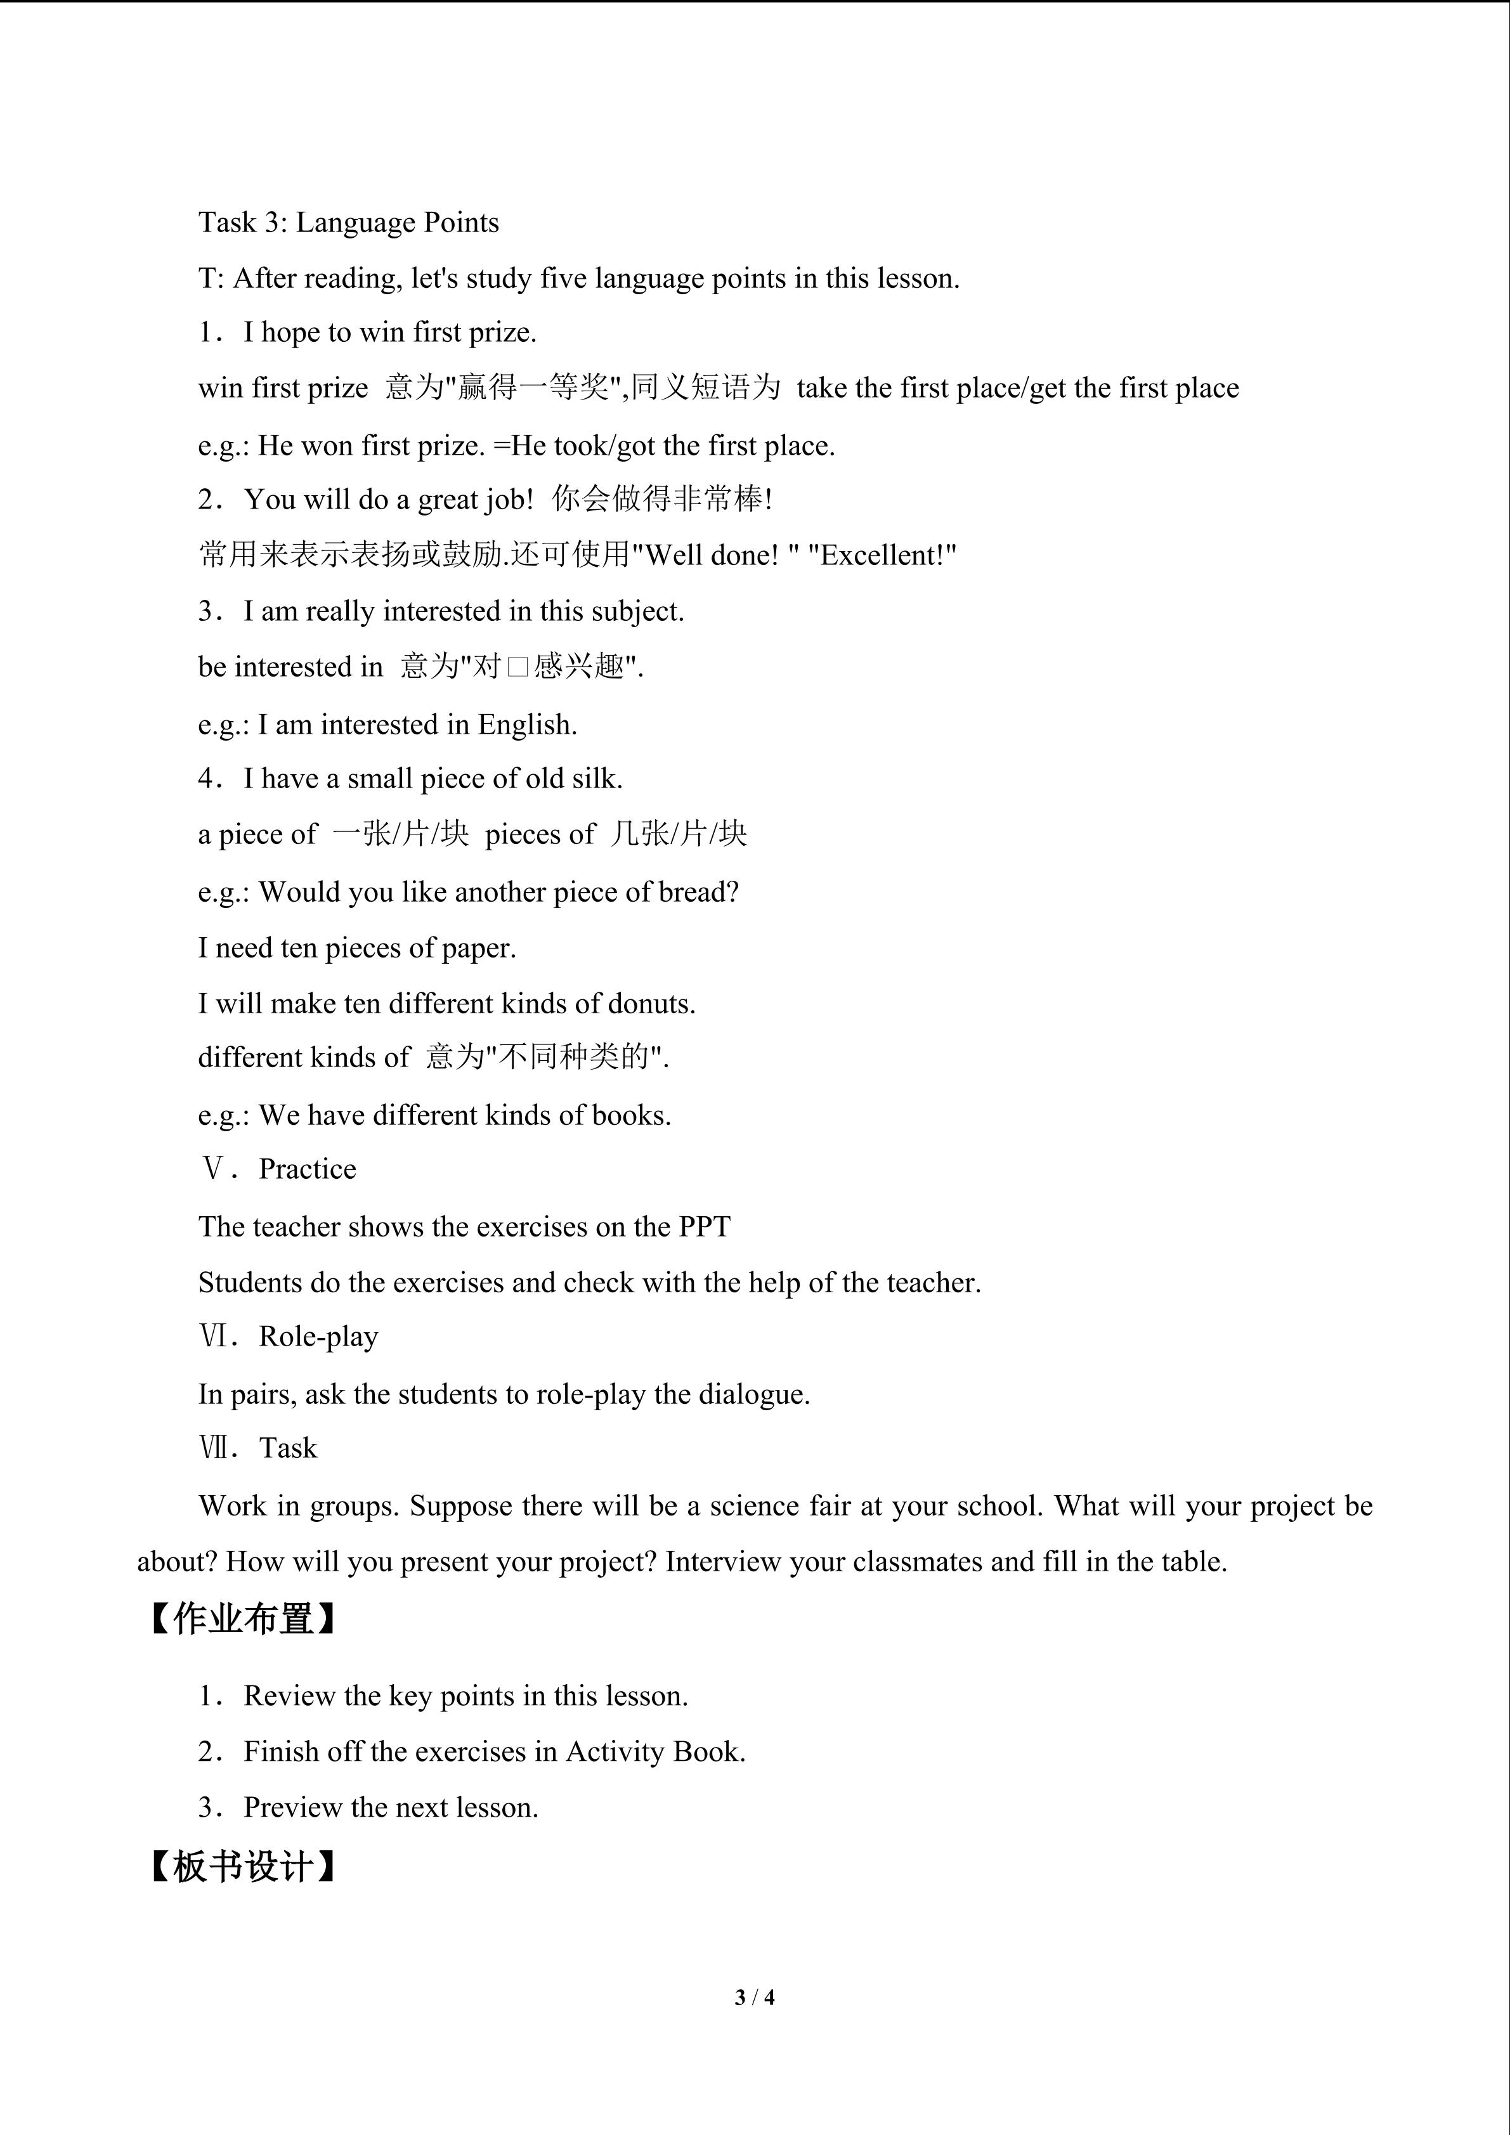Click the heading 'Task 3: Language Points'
point(349,223)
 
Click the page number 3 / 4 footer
point(754,1996)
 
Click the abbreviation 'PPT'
point(704,1228)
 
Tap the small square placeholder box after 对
point(518,668)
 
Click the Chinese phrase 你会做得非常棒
point(656,500)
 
